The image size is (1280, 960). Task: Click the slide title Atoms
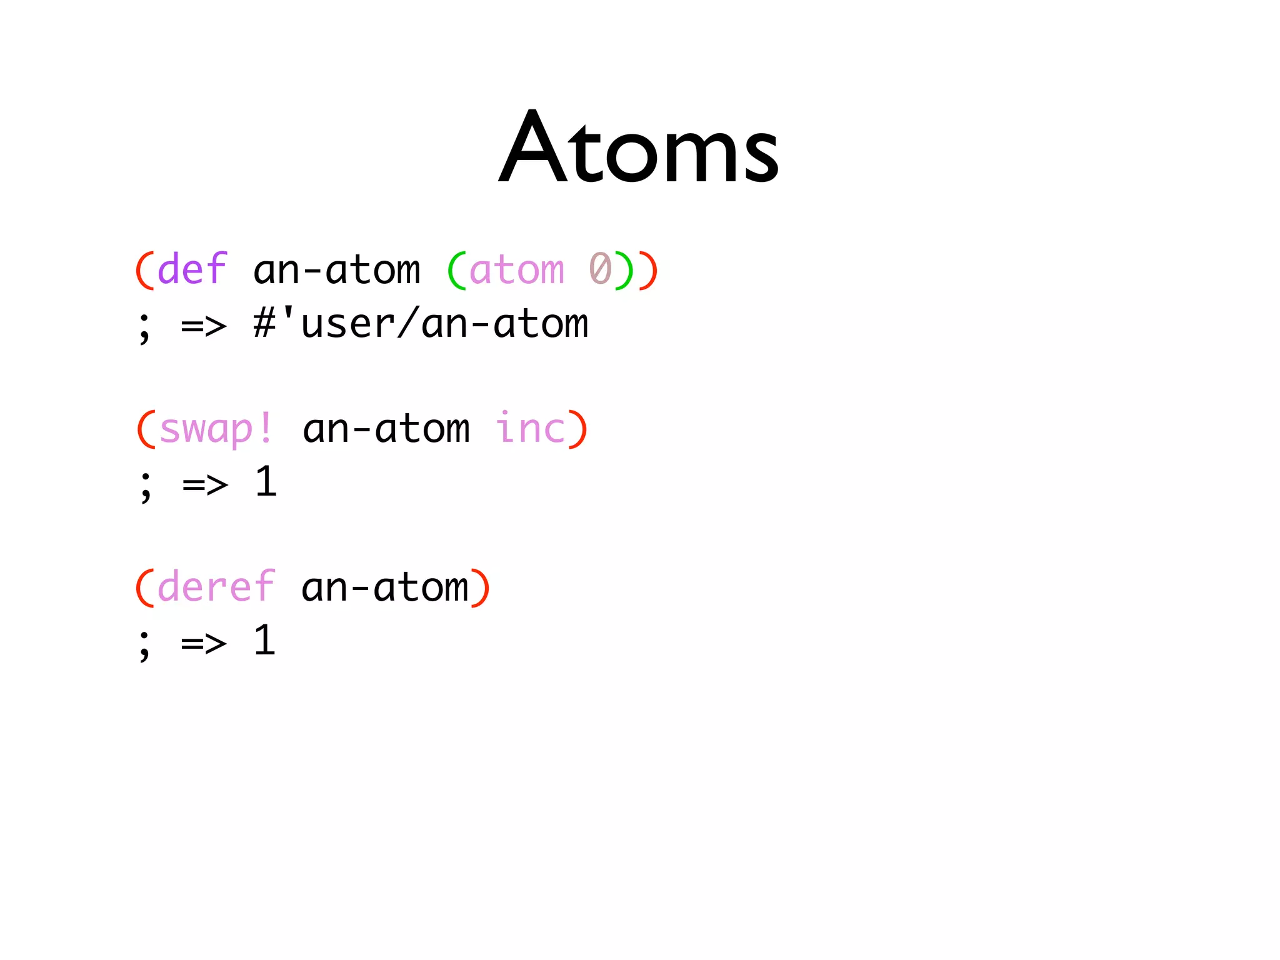point(639,148)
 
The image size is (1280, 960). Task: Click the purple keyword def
point(192,269)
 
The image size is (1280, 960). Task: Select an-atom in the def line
point(337,271)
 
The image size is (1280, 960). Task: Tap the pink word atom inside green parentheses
point(516,271)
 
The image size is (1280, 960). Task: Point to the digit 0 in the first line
point(601,269)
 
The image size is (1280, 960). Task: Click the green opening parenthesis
point(457,271)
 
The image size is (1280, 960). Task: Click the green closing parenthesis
point(624,271)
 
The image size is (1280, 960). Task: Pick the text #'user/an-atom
point(421,324)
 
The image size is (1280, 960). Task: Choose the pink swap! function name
point(216,429)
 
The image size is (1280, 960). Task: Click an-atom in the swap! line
point(386,429)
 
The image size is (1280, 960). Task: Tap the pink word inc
point(530,429)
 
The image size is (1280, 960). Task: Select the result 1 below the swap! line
point(266,482)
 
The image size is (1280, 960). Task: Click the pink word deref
point(216,587)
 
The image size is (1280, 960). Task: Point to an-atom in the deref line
point(385,588)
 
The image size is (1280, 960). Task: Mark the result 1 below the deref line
point(265,641)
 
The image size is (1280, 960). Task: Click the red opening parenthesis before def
point(145,271)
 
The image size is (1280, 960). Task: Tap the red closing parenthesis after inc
point(577,429)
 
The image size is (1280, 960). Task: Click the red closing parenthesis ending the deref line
point(480,588)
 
